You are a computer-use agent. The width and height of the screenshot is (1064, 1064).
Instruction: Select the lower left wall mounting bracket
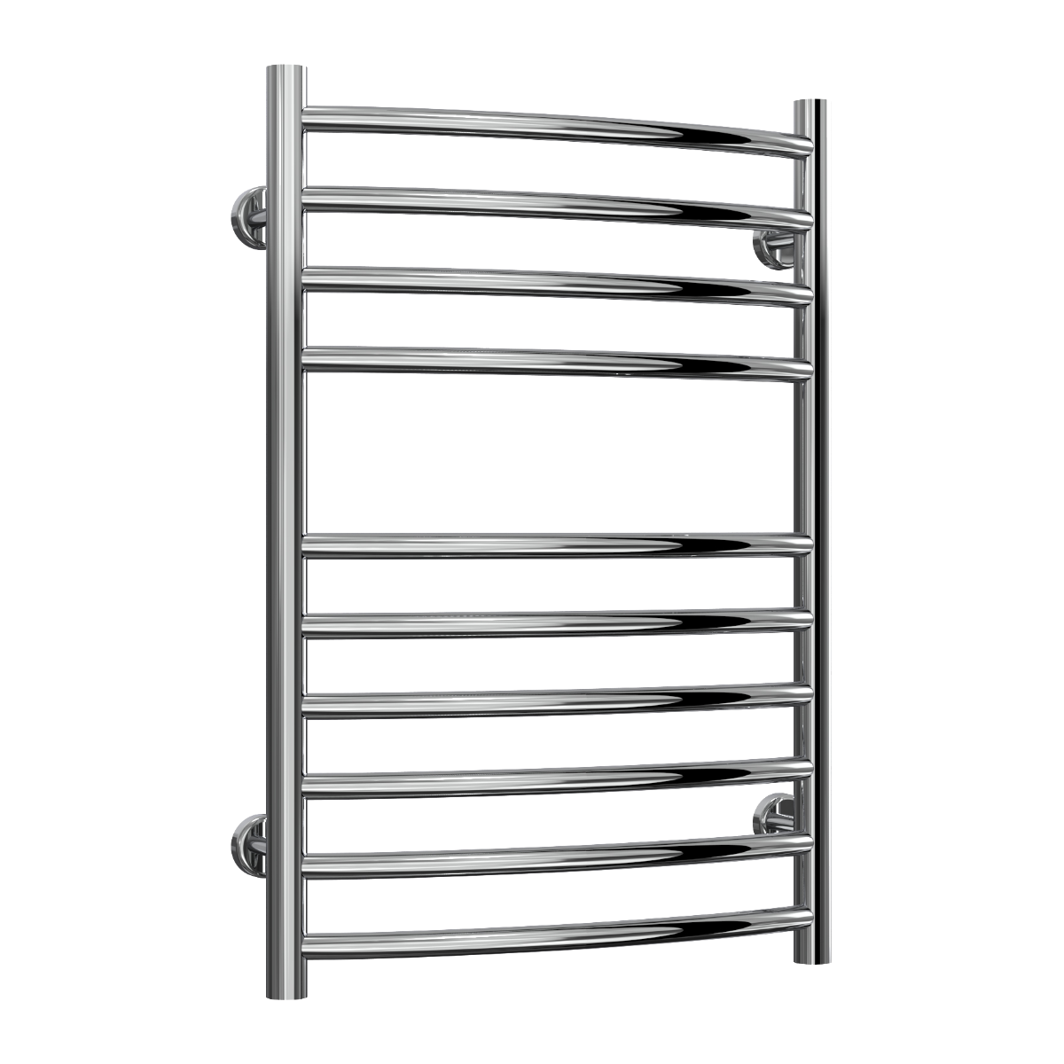247,843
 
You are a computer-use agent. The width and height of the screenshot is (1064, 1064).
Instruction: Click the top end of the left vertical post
285,71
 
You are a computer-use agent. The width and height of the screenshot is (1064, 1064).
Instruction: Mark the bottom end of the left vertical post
285,989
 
